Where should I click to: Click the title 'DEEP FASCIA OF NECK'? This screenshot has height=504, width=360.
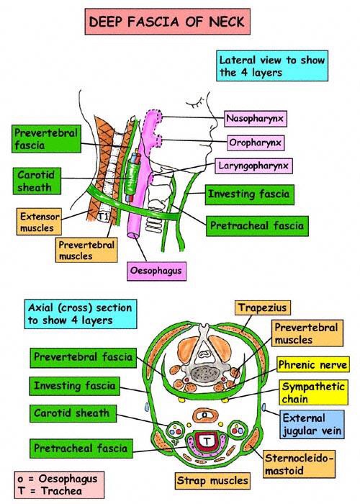166,22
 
